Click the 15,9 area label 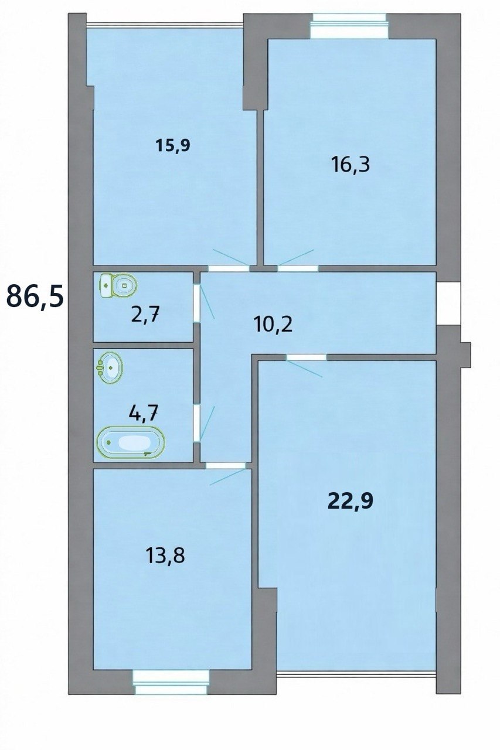click(173, 145)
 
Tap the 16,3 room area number click(351, 165)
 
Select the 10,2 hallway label click(273, 325)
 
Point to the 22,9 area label click(351, 501)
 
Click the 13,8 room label click(165, 556)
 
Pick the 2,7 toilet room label click(145, 315)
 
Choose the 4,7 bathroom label click(144, 414)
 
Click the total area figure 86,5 click(35, 296)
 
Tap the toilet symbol click(118, 285)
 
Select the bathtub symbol click(131, 442)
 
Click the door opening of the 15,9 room click(229, 268)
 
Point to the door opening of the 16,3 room click(297, 268)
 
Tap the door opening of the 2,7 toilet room click(197, 304)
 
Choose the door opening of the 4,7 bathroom click(197, 423)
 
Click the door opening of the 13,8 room click(226, 465)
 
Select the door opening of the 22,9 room click(307, 357)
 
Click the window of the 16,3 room click(349, 26)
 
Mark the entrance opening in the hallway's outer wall click(448, 303)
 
